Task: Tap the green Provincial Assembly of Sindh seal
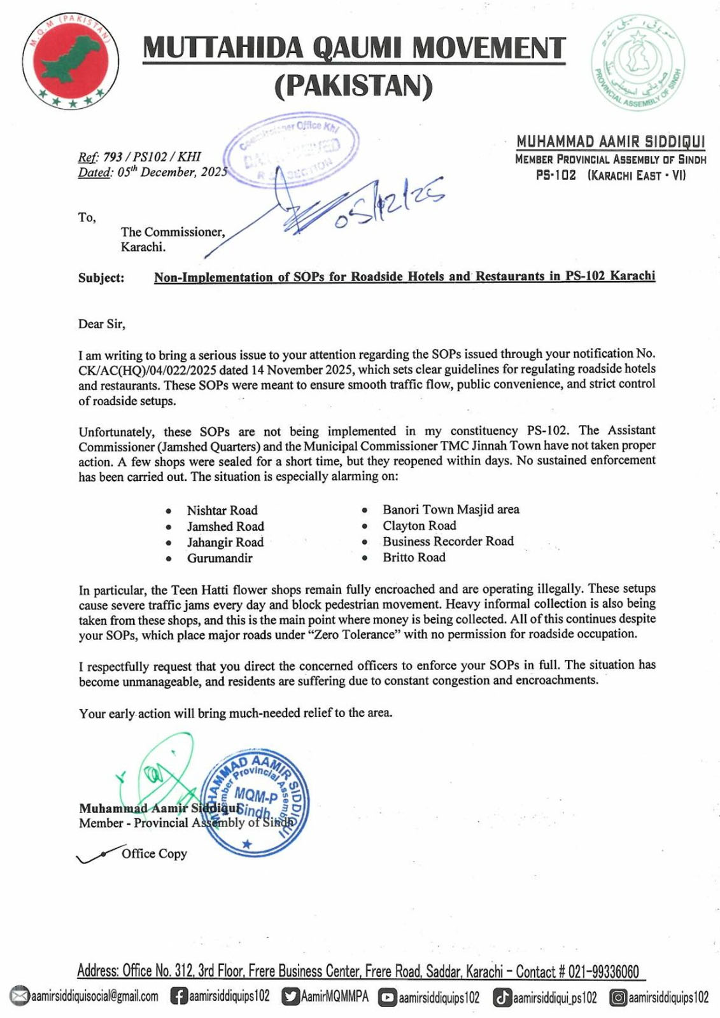pyautogui.click(x=637, y=62)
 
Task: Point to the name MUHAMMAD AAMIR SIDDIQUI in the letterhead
pyautogui.click(x=611, y=141)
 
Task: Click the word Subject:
pyautogui.click(x=101, y=278)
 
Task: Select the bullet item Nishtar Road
pyautogui.click(x=222, y=510)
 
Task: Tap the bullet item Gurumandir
pyautogui.click(x=220, y=558)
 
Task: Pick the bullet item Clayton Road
pyautogui.click(x=419, y=526)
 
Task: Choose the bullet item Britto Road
pyautogui.click(x=414, y=557)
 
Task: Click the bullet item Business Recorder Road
pyautogui.click(x=448, y=541)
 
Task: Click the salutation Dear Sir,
pyautogui.click(x=102, y=324)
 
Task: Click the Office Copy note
pyautogui.click(x=154, y=854)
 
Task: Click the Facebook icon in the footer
pyautogui.click(x=178, y=996)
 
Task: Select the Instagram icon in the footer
pyautogui.click(x=618, y=997)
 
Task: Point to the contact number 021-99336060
pyautogui.click(x=603, y=972)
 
